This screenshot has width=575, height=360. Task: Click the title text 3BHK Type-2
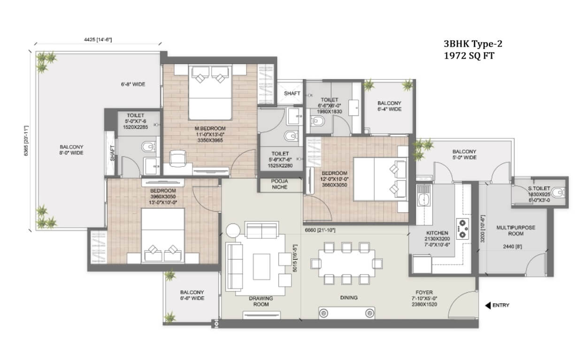pos(473,44)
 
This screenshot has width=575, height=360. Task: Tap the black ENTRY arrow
pos(488,306)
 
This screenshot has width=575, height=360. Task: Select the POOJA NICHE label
pos(280,184)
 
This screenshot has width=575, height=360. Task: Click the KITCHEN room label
pos(437,233)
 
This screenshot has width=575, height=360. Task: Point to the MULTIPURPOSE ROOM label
pos(515,230)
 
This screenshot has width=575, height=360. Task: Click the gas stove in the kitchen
pos(462,229)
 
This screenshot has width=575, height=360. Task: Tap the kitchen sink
pos(423,196)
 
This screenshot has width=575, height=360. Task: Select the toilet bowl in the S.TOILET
pos(558,192)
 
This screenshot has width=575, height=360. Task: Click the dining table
pos(346,263)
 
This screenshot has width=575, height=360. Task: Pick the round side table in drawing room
pos(233,230)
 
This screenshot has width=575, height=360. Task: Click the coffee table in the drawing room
pos(261,267)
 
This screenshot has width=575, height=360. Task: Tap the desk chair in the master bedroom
pos(177,158)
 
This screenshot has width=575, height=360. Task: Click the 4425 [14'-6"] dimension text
pos(98,39)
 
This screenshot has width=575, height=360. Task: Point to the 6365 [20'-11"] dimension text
pos(26,141)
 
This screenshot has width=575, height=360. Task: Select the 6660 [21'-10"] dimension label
pos(320,230)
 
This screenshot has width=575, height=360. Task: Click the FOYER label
pos(424,292)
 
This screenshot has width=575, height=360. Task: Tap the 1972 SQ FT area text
pos(469,56)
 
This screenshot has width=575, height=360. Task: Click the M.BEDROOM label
pos(210,128)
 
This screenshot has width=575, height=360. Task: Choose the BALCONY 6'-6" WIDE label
pos(192,295)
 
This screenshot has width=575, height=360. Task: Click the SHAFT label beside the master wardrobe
pos(292,93)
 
